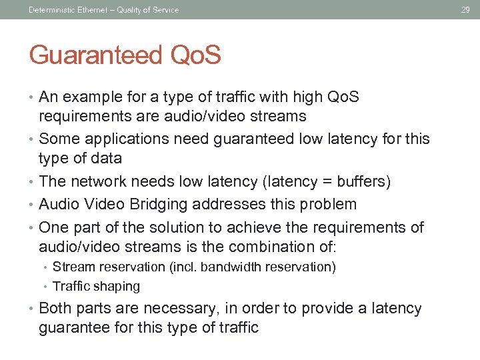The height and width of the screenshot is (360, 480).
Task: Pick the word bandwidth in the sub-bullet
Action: (229, 267)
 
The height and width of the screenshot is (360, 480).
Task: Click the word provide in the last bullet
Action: (326, 309)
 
